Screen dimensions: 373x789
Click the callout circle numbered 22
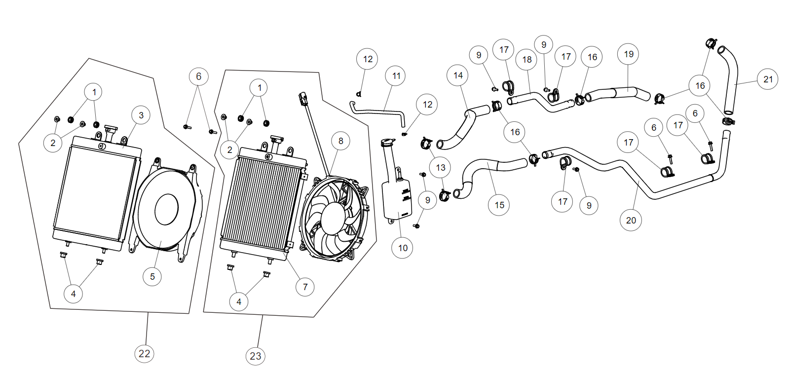144,353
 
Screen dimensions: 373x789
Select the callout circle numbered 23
255,356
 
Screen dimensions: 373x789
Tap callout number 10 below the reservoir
403,248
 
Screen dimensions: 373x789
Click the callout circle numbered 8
340,141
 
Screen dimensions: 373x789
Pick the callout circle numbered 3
141,115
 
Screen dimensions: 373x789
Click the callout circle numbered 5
152,277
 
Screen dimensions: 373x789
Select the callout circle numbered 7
305,287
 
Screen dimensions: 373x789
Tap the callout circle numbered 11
396,76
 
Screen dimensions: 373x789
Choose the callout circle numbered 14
458,75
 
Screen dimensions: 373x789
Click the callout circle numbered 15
499,205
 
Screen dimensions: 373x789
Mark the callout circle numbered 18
527,60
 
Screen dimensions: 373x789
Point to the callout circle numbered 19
628,54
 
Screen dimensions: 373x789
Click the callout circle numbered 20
631,220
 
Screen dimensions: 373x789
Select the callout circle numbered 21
768,79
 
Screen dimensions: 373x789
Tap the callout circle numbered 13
440,168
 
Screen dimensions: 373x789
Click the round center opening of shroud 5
166,209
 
